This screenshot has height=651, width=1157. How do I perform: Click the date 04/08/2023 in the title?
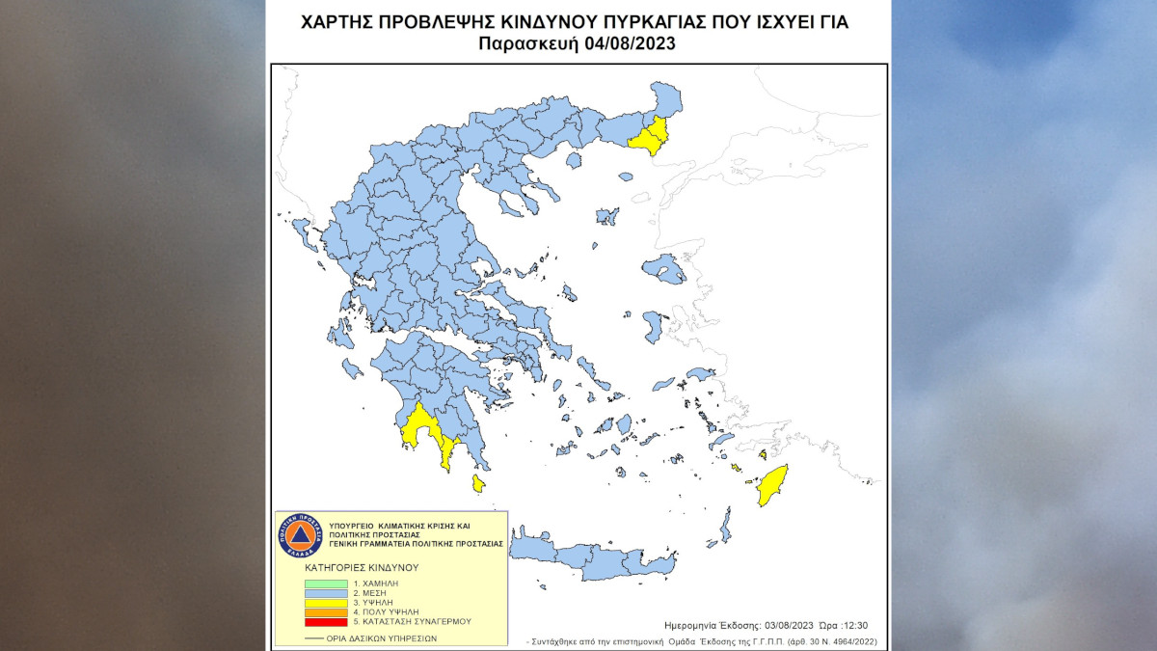coord(627,43)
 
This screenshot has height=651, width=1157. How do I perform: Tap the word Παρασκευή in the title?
coord(528,43)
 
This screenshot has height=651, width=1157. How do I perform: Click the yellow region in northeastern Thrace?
coord(649,135)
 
